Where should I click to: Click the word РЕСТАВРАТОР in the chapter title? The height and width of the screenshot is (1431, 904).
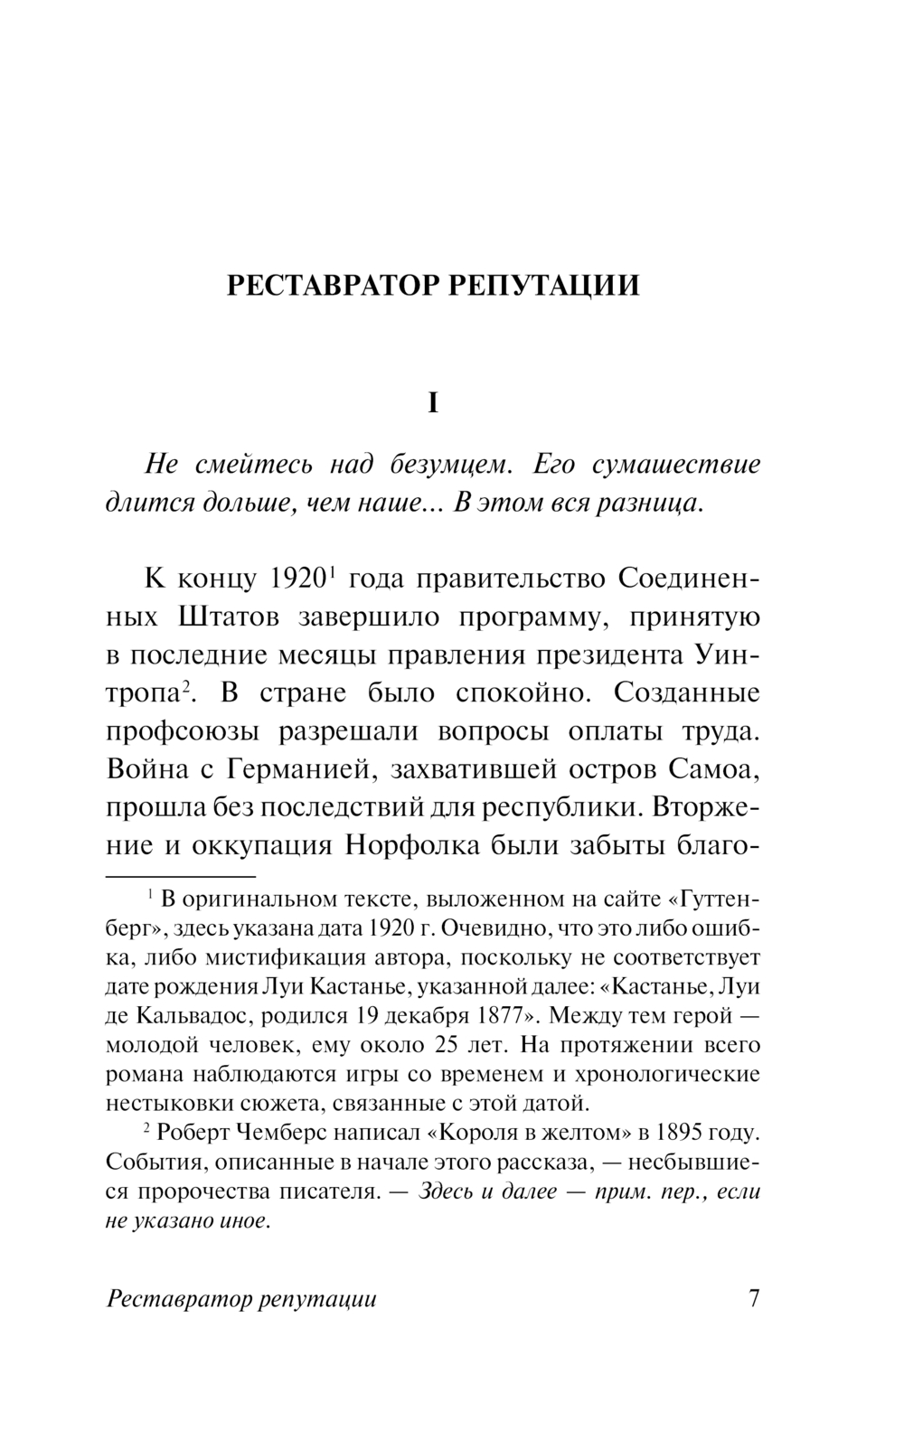pos(332,286)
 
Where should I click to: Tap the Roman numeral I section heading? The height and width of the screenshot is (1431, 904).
pos(432,403)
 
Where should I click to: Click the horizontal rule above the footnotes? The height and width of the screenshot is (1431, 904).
pos(182,876)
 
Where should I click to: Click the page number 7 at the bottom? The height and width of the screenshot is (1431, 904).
pos(754,1299)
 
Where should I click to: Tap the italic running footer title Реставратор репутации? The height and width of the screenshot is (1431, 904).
pos(241,1300)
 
